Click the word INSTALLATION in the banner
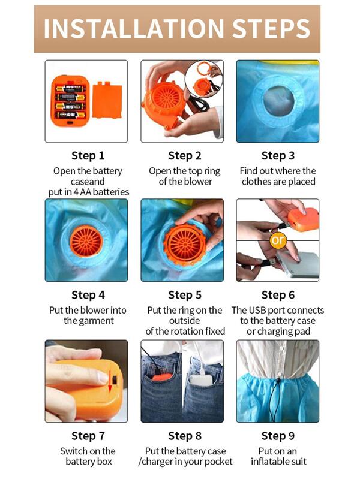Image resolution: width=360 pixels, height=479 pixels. (134, 28)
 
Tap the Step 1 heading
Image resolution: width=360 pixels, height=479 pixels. (88, 156)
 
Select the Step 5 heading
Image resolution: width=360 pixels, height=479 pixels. (185, 295)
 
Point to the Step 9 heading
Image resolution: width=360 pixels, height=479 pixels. (278, 436)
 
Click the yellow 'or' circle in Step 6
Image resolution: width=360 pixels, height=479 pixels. (278, 240)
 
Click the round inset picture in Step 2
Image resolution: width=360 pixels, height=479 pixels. (203, 78)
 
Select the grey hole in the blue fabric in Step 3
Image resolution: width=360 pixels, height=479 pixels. (278, 101)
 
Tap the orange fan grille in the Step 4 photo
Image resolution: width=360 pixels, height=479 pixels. (86, 242)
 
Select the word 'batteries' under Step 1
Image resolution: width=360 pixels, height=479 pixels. (111, 192)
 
